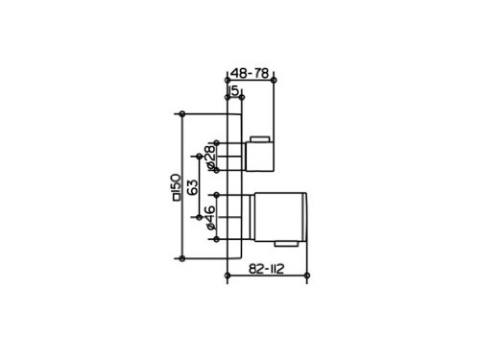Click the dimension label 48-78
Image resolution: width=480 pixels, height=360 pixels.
point(250,73)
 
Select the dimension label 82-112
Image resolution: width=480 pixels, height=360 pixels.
point(266,269)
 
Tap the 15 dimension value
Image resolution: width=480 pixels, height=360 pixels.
point(234,90)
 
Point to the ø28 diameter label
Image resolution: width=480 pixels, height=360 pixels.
point(210,156)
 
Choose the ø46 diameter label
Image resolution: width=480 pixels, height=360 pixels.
point(210,218)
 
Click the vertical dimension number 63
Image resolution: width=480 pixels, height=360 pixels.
point(193,187)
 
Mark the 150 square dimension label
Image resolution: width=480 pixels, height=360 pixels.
point(176,187)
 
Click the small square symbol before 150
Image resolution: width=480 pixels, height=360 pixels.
point(176,198)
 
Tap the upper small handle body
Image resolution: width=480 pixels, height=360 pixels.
point(259,156)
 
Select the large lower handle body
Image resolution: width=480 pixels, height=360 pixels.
point(280,217)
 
